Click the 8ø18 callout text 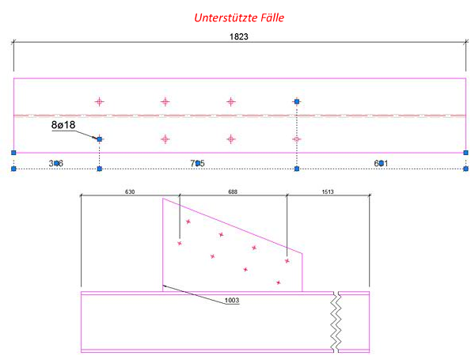click(x=64, y=124)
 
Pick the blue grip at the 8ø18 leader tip click(x=99, y=139)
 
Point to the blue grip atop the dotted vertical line click(x=296, y=101)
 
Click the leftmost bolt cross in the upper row click(x=100, y=101)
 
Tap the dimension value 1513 click(x=327, y=191)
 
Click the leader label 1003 click(x=231, y=300)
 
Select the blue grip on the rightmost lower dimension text click(x=381, y=163)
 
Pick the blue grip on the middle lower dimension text click(x=198, y=163)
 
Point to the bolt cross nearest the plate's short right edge click(x=287, y=258)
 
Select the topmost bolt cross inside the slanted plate click(x=188, y=222)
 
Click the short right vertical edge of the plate click(x=302, y=272)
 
